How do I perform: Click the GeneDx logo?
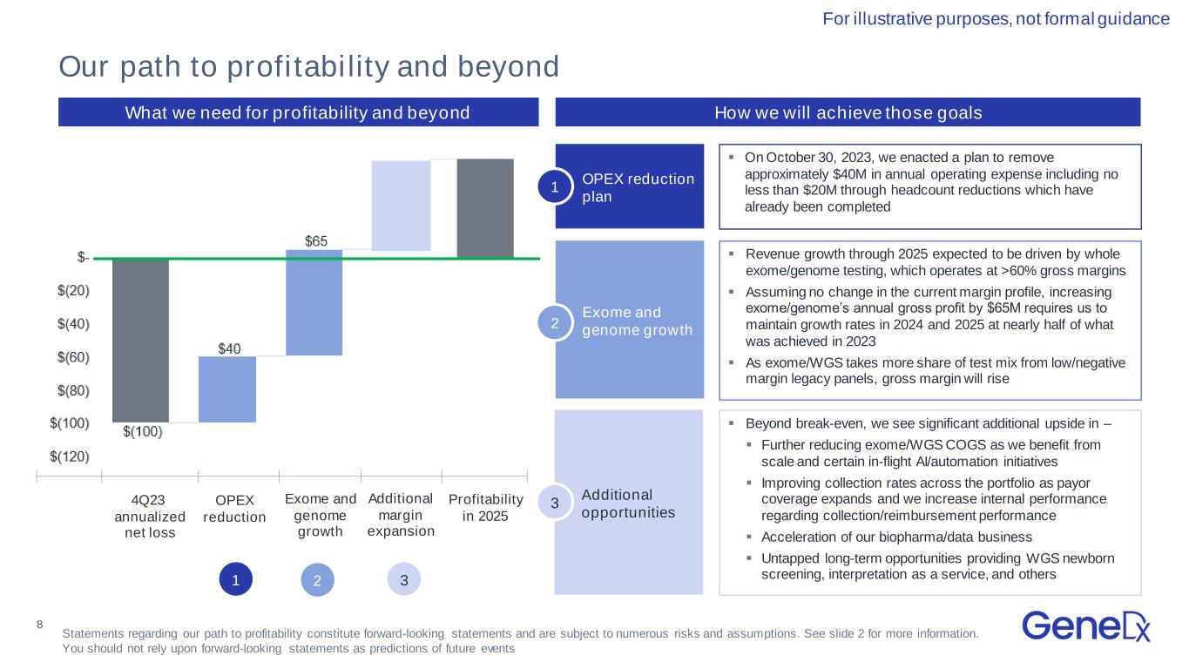pyautogui.click(x=1085, y=626)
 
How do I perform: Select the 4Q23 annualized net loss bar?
pyautogui.click(x=140, y=341)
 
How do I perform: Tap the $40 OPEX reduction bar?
pyautogui.click(x=227, y=389)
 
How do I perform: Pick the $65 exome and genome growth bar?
pyautogui.click(x=314, y=302)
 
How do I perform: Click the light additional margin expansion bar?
pyautogui.click(x=402, y=206)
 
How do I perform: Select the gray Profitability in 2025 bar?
pyautogui.click(x=485, y=209)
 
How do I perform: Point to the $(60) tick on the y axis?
pyautogui.click(x=74, y=357)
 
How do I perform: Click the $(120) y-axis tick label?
pyautogui.click(x=70, y=456)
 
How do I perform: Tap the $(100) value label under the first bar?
pyautogui.click(x=143, y=432)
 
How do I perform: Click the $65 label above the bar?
pyautogui.click(x=316, y=241)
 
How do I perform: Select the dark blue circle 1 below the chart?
pyautogui.click(x=236, y=579)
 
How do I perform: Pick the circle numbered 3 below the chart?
pyautogui.click(x=404, y=579)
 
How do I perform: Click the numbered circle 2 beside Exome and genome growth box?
pyautogui.click(x=555, y=323)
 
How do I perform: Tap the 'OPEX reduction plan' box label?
pyautogui.click(x=638, y=187)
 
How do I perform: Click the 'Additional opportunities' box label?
pyautogui.click(x=628, y=503)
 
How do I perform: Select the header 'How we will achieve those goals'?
pyautogui.click(x=848, y=112)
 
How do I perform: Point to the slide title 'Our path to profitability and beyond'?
pyautogui.click(x=308, y=67)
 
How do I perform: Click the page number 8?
pyautogui.click(x=40, y=625)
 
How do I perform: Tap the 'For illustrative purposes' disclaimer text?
pyautogui.click(x=996, y=19)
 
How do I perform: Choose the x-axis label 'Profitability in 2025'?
pyautogui.click(x=486, y=508)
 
